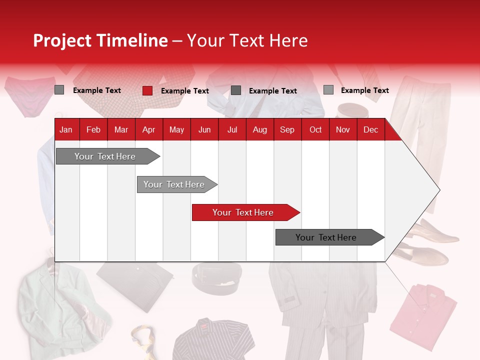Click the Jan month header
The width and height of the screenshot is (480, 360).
(x=66, y=129)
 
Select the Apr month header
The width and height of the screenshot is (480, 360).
(x=149, y=129)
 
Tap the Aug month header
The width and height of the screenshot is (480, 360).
(x=260, y=129)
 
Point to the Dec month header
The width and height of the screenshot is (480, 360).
(x=371, y=129)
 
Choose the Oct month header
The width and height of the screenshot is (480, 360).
(x=315, y=129)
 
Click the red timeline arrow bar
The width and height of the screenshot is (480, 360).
(x=245, y=212)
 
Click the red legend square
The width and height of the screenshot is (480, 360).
(x=147, y=90)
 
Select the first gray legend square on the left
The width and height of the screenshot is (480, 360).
(x=59, y=90)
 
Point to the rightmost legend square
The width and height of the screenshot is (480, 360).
(x=328, y=90)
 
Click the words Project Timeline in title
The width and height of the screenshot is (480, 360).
(x=100, y=40)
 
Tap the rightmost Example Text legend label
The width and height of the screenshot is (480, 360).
(x=364, y=90)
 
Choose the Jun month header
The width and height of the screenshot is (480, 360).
(x=204, y=129)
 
